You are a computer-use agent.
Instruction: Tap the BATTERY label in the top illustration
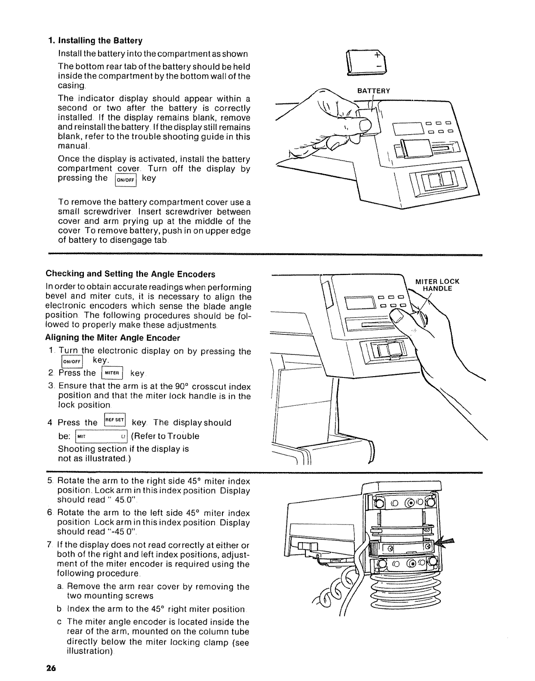(374, 91)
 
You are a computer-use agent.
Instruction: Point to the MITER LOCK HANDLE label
(437, 285)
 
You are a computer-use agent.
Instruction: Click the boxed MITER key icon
(111, 373)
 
